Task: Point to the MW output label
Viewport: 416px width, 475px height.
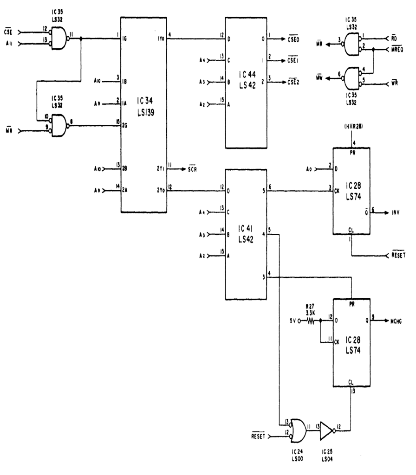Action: click(319, 78)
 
